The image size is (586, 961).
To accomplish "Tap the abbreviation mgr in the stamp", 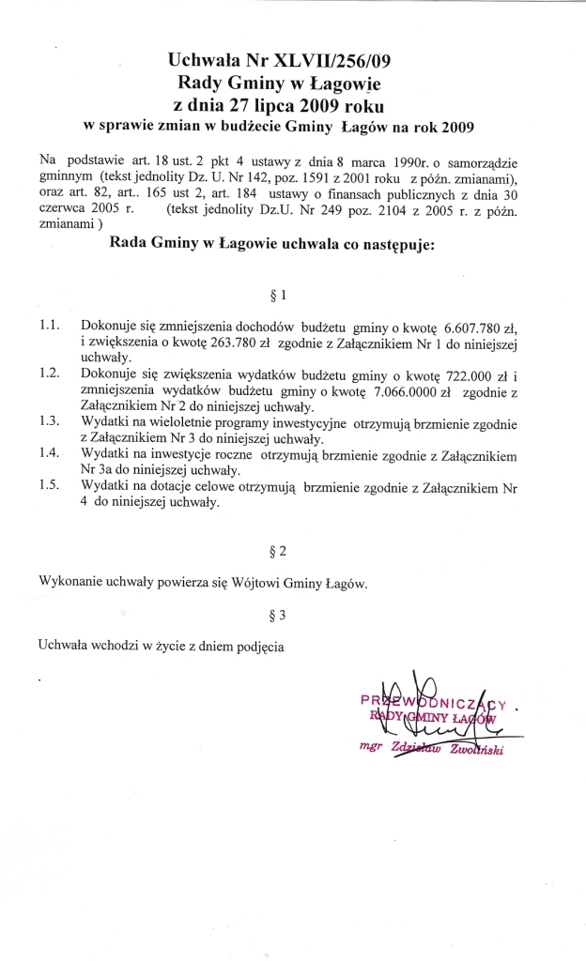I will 374,748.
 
